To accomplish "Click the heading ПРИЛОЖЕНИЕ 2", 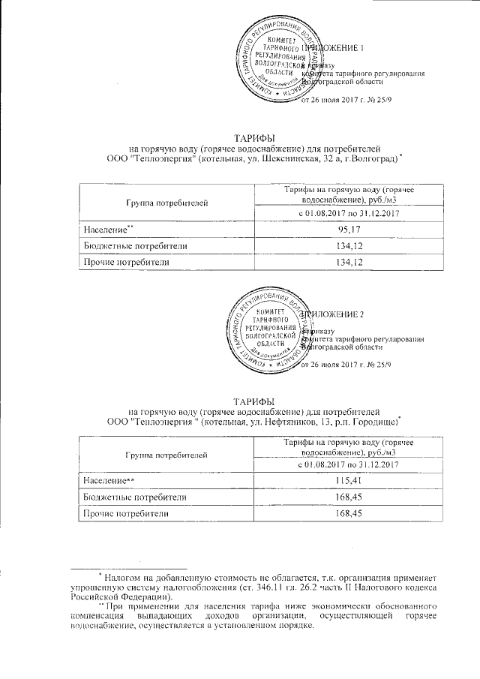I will click(333, 313).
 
